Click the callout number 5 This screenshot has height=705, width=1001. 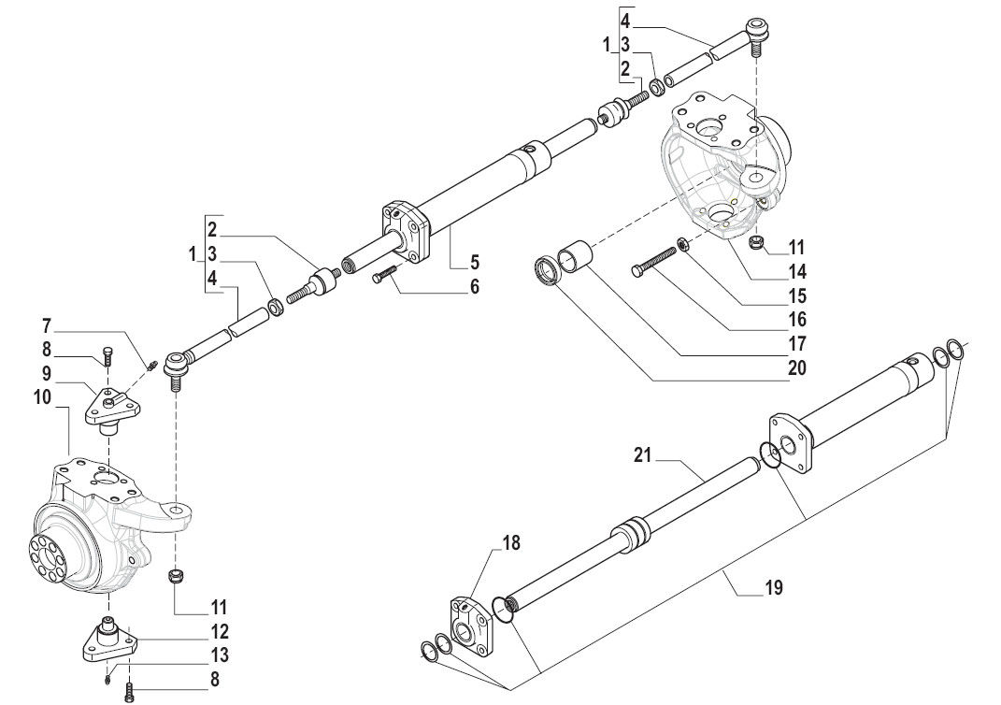[x=474, y=261]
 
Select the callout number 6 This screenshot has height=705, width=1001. [x=474, y=286]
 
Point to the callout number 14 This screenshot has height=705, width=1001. [x=796, y=273]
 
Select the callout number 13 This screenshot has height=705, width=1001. [x=220, y=656]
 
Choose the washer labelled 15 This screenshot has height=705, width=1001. [x=683, y=245]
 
